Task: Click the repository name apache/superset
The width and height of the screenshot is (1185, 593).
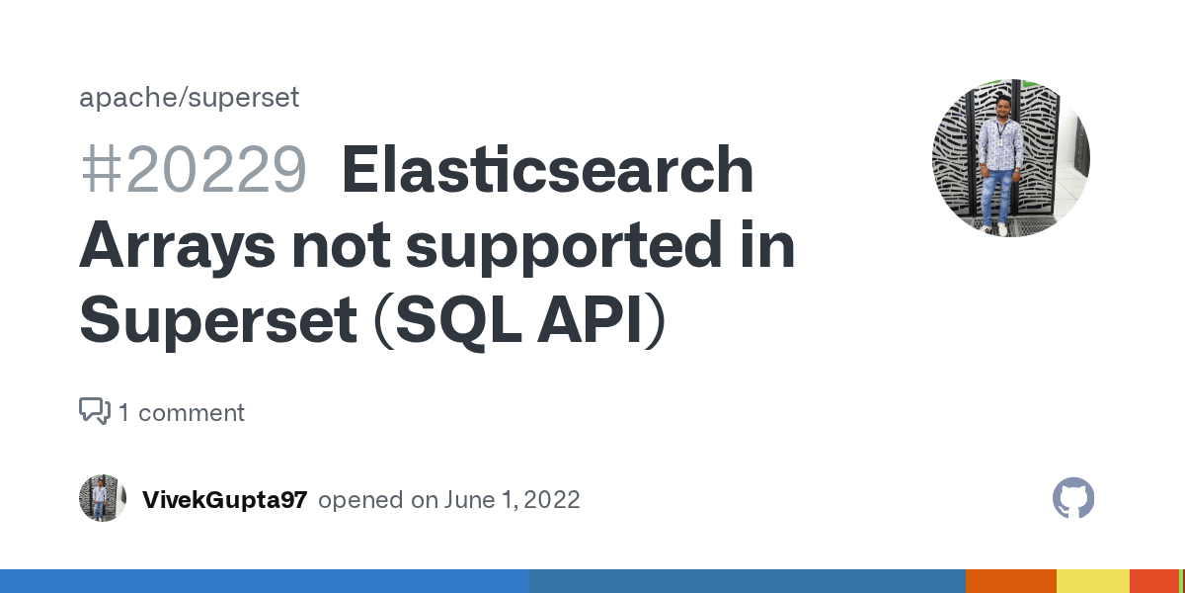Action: tap(189, 98)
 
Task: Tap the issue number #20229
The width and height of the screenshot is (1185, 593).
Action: tap(194, 170)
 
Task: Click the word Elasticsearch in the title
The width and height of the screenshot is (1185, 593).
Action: tap(547, 170)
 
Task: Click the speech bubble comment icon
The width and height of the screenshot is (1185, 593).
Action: tap(95, 411)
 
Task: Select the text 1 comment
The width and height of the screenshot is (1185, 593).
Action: tap(182, 412)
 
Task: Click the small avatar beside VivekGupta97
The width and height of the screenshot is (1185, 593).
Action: tap(103, 499)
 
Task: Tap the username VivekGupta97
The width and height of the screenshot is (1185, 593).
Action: tap(225, 500)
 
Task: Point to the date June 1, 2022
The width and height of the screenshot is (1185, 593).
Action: tap(513, 500)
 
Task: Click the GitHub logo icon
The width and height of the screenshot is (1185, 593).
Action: tap(1073, 499)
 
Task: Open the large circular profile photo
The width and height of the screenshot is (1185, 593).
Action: tap(1010, 158)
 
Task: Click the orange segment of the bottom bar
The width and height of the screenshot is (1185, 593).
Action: tap(1010, 581)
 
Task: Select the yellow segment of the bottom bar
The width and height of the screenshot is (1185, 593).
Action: tap(1092, 581)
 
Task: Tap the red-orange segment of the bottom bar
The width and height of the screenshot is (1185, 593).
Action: tap(1153, 581)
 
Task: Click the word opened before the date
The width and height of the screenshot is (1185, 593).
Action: tap(362, 500)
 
